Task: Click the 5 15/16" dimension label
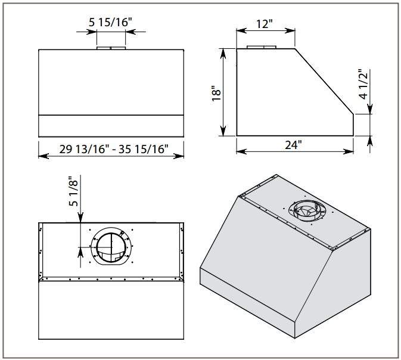(x=110, y=22)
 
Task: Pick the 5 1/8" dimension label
(x=73, y=191)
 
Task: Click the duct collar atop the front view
(x=110, y=47)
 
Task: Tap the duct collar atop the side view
(x=262, y=47)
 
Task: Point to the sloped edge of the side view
(x=325, y=80)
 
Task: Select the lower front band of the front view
(x=110, y=125)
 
